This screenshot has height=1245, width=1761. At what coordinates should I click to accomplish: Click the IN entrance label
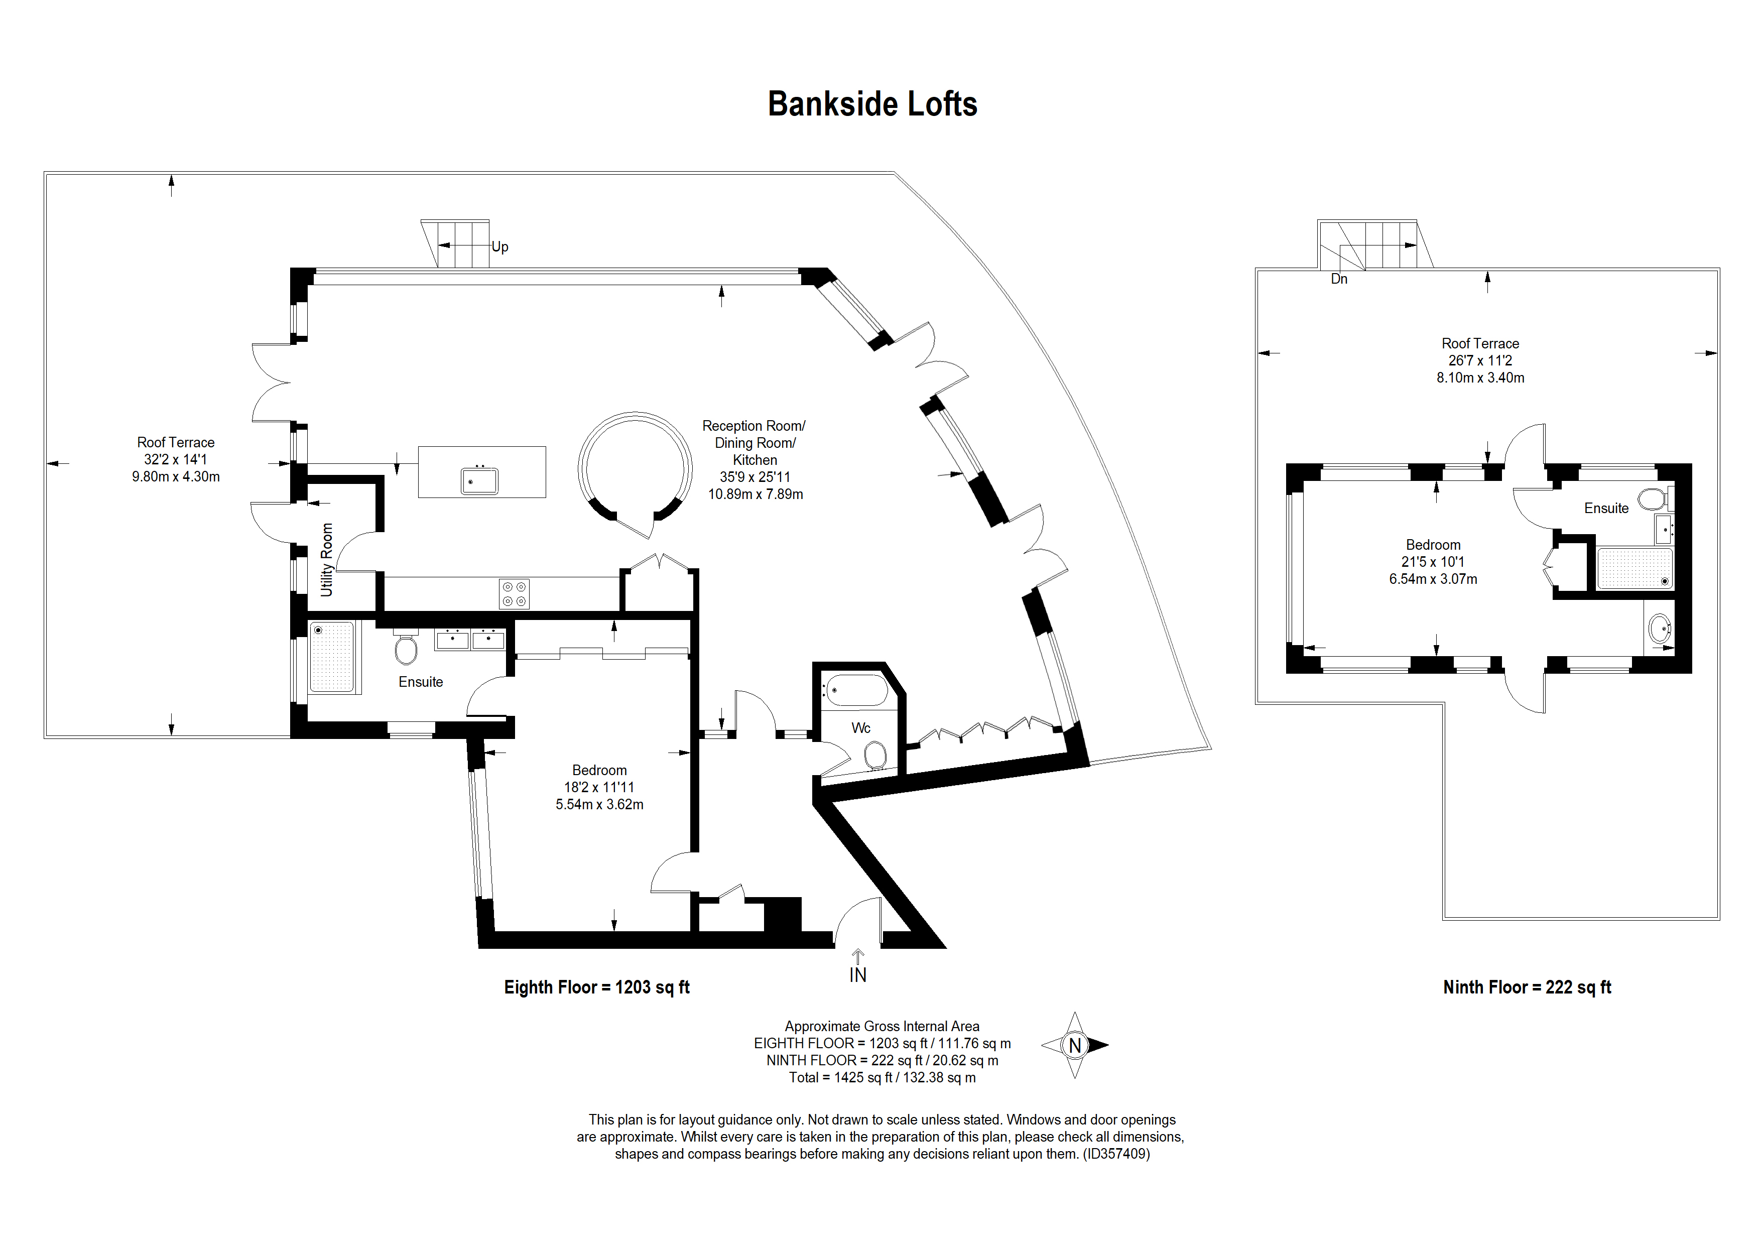tap(857, 975)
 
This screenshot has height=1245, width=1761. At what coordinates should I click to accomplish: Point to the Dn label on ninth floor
tap(1338, 279)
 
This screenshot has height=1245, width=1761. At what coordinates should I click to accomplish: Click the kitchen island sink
tap(479, 481)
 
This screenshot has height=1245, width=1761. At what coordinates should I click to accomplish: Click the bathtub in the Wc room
tap(856, 690)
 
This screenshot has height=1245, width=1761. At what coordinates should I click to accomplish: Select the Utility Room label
tap(327, 559)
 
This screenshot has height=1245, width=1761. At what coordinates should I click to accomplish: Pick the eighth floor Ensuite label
tap(420, 682)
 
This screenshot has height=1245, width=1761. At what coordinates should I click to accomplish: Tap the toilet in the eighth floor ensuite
tap(406, 649)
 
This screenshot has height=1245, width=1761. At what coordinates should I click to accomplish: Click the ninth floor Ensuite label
tap(1606, 509)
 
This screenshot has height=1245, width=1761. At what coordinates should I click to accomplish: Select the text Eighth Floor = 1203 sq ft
tap(596, 987)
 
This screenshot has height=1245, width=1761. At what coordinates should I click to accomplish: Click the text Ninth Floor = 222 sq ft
tap(1526, 987)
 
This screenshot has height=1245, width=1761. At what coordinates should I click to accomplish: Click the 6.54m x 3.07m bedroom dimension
tap(1432, 579)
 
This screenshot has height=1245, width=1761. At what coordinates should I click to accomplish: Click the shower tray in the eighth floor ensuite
tap(332, 657)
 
